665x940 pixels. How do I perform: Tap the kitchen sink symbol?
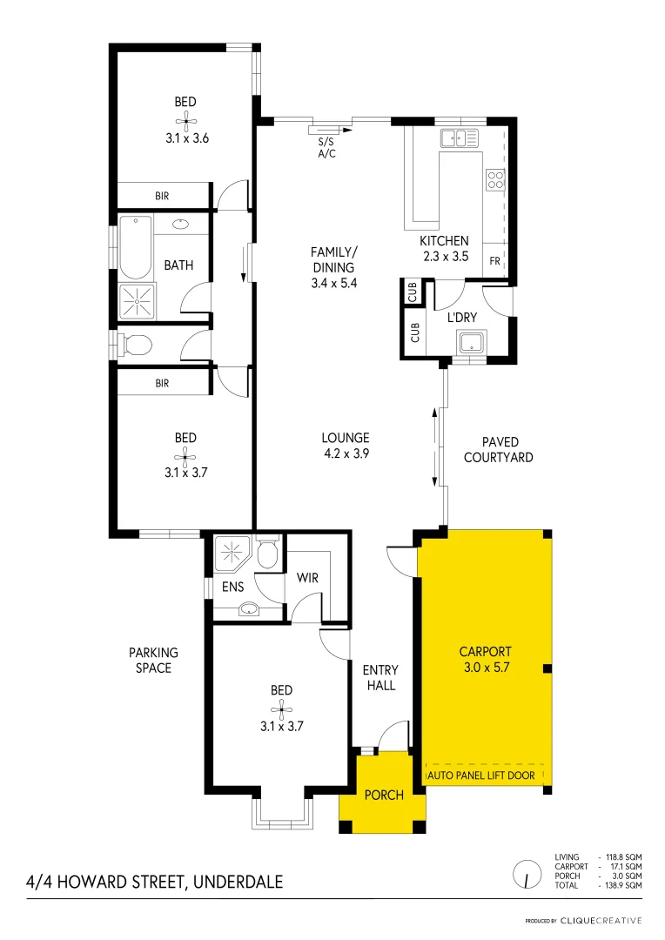[459, 138]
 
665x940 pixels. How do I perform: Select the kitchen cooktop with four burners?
[494, 179]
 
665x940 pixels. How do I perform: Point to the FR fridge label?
[494, 260]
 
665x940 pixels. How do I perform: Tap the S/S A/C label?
[326, 147]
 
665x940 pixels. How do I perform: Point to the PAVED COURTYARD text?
[498, 450]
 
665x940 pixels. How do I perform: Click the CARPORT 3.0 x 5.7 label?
[485, 659]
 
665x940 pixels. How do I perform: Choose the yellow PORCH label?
[383, 795]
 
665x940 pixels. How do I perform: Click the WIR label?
[306, 577]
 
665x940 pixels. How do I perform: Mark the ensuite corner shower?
[232, 553]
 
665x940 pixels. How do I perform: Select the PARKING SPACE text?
[153, 660]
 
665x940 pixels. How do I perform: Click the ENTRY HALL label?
[380, 677]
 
